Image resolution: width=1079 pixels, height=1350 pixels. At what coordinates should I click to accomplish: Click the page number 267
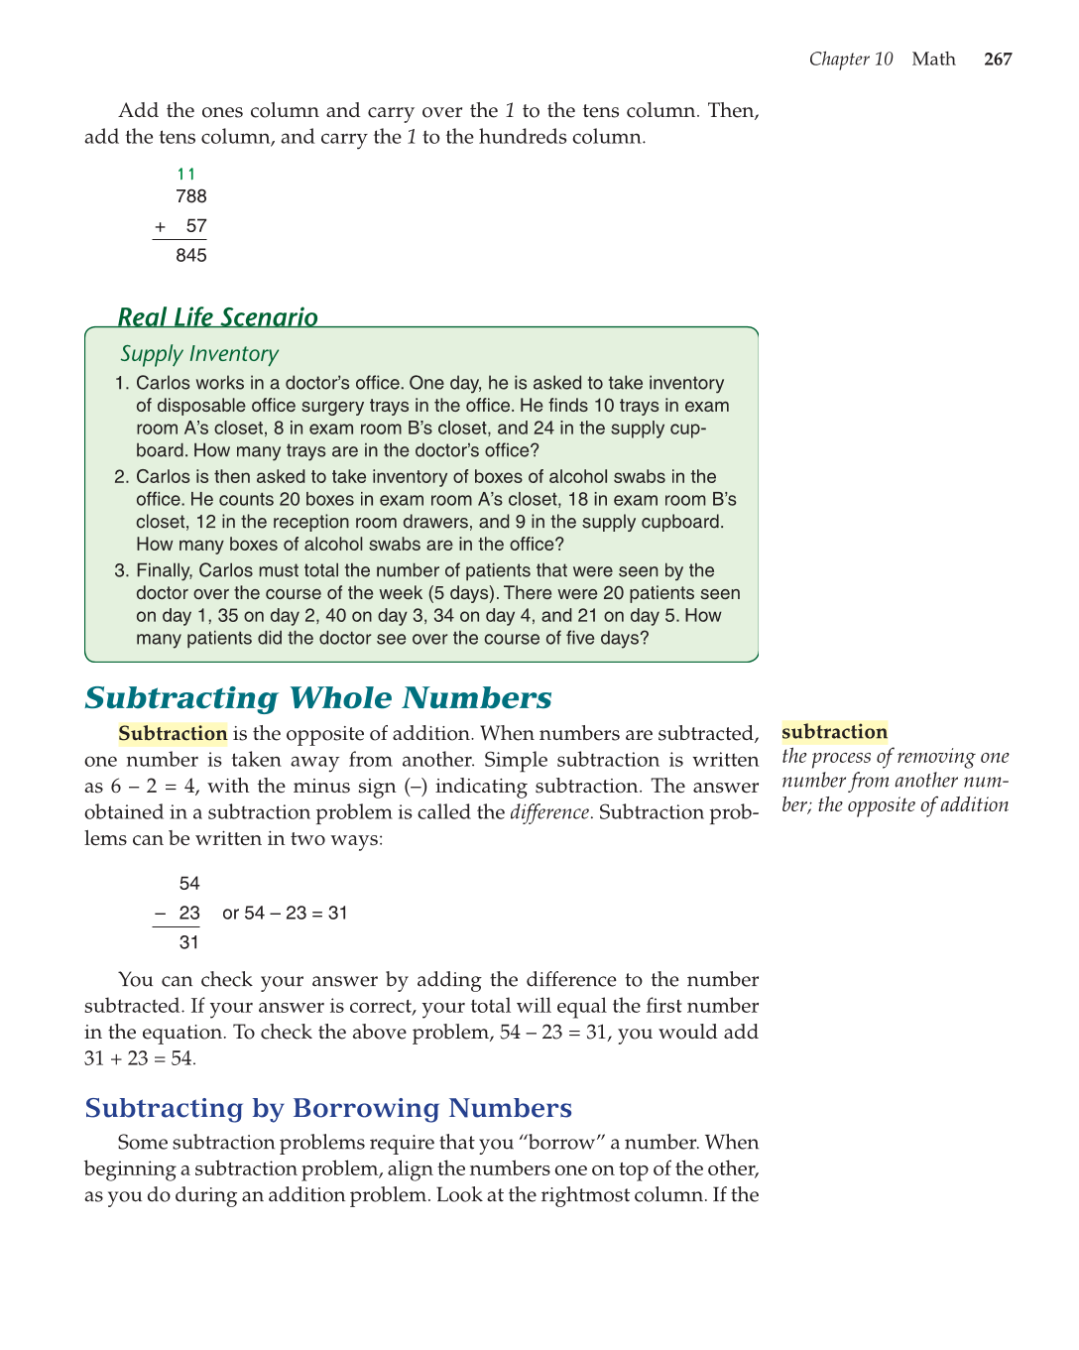pos(998,60)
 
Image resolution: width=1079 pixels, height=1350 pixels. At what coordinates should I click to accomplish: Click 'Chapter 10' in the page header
pos(851,60)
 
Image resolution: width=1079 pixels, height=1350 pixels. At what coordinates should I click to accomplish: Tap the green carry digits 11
pos(186,175)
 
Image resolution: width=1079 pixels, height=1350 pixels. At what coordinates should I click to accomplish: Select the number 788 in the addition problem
pos(191,197)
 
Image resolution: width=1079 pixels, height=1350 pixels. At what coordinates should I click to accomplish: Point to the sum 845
pos(191,256)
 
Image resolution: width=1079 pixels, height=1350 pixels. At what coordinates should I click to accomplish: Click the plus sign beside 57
pos(161,227)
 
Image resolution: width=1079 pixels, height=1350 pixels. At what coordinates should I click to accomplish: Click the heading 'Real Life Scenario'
pos(217,317)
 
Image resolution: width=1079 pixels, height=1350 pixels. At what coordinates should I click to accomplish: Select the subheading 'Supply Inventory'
pos(199,354)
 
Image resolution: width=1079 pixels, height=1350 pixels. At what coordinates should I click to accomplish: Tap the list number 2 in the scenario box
pos(121,477)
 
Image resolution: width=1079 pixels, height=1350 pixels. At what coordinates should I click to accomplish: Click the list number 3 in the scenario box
pos(121,570)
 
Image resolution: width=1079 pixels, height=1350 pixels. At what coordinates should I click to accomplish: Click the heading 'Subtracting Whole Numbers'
pos(318,698)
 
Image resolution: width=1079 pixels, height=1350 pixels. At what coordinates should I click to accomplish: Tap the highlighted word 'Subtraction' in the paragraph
pos(173,734)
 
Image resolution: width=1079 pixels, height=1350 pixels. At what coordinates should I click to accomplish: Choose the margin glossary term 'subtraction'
pos(834,732)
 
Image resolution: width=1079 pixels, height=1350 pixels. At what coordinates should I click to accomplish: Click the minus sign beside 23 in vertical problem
pos(160,914)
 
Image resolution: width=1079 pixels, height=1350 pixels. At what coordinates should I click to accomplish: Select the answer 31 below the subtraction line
pos(189,943)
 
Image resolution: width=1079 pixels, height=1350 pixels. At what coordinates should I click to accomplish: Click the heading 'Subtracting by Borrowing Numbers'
pos(328,1108)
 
